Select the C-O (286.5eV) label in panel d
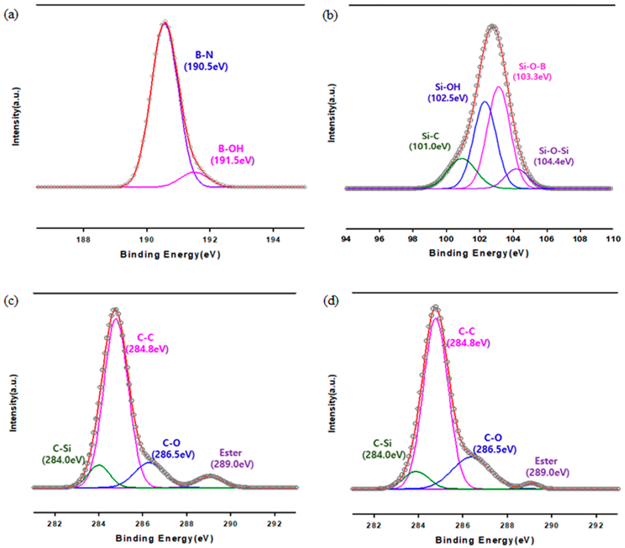point(494,443)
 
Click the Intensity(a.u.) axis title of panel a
point(16,116)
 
